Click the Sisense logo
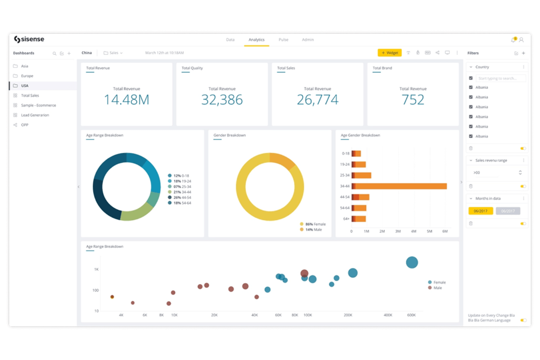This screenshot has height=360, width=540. coord(29,39)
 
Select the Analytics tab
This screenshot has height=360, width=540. coord(256,40)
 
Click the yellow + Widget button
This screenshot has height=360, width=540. coord(390,53)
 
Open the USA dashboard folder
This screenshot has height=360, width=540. coord(24,86)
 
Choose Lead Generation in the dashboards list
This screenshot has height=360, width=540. coord(35,115)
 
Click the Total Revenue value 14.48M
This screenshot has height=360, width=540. coord(127,100)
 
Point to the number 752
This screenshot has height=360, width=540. coord(413,100)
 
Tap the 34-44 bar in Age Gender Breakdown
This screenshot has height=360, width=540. coord(400,186)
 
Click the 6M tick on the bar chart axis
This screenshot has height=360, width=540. coord(445,231)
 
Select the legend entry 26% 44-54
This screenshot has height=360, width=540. coord(182,197)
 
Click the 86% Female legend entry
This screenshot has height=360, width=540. coord(315,224)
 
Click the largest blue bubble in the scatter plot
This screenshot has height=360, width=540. coord(412,262)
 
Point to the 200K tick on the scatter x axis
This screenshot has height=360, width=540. coord(348,315)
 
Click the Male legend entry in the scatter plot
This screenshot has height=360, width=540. coord(437,288)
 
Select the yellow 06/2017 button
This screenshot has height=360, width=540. coord(480,211)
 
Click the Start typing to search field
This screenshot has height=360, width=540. coord(500,78)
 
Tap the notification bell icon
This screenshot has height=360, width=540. coord(513,40)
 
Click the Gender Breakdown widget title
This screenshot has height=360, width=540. coord(229,135)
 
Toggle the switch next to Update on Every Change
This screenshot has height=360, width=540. coord(523,320)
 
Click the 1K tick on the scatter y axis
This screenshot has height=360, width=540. coord(96,269)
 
